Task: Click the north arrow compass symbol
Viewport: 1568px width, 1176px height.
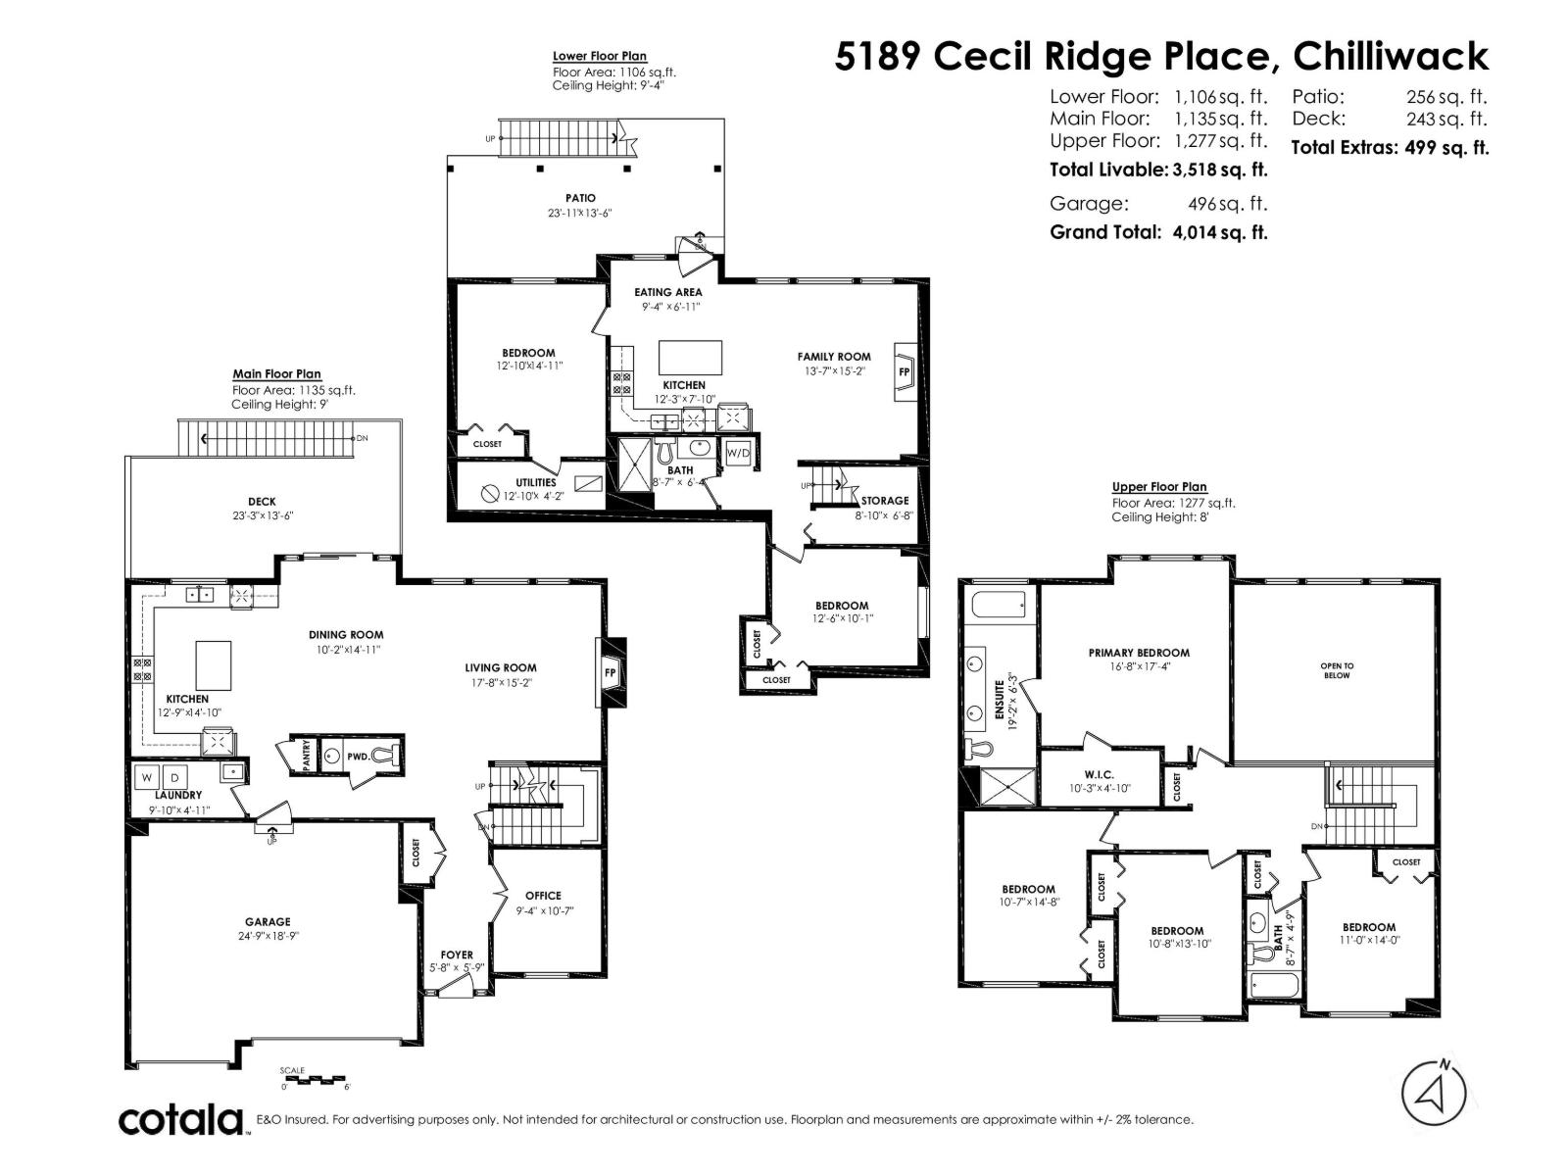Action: [1434, 1095]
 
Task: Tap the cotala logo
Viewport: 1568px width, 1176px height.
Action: [182, 1119]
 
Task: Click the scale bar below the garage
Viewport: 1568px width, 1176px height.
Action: [314, 1080]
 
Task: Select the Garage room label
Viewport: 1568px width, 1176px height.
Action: [268, 921]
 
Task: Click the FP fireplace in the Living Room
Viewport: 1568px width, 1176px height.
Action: [610, 673]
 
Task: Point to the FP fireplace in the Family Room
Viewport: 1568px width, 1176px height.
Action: [905, 372]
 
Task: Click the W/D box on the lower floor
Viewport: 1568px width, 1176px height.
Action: [738, 453]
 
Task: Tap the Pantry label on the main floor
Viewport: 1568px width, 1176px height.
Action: [307, 757]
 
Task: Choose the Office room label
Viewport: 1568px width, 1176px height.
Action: [543, 895]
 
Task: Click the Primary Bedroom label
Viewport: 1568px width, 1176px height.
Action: [1139, 653]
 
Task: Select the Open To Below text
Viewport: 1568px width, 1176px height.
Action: [1337, 670]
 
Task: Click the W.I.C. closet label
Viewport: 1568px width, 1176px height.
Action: [1099, 774]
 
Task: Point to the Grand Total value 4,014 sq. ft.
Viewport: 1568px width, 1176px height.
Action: [1219, 233]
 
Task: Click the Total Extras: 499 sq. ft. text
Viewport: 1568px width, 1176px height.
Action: [1390, 148]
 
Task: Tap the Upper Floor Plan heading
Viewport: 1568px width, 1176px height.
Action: [1159, 487]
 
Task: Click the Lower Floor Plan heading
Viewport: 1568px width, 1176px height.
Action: [600, 57]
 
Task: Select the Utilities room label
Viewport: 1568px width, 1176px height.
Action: [536, 482]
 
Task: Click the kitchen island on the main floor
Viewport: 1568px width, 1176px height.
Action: [214, 665]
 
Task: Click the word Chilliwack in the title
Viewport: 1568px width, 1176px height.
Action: [1391, 56]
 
